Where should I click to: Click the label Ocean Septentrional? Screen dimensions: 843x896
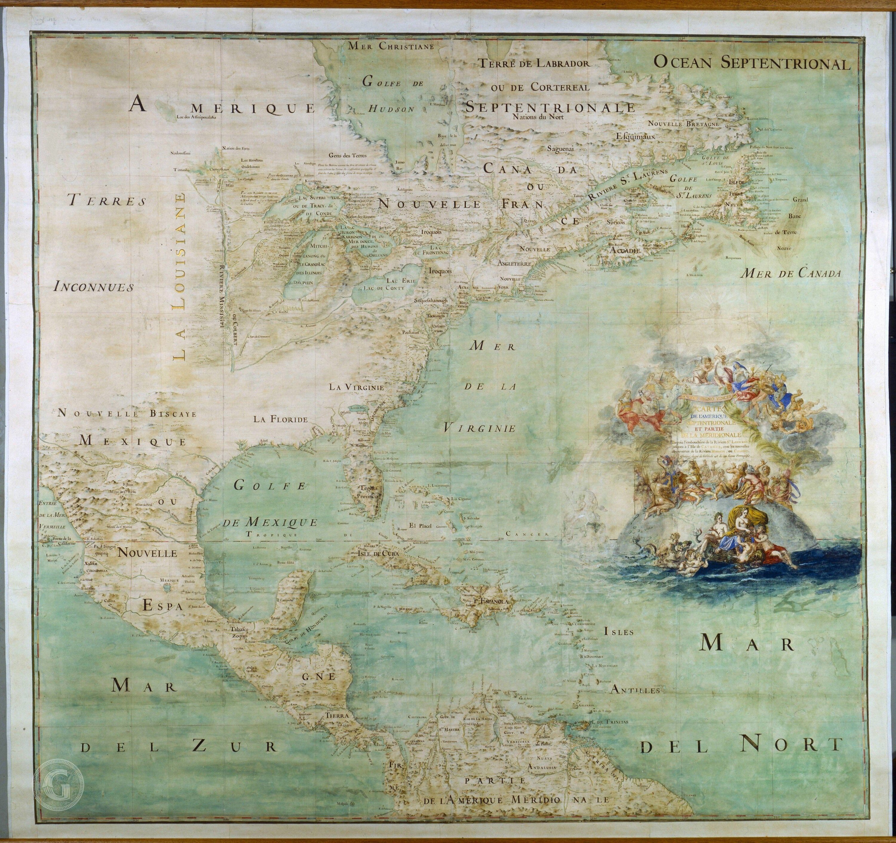tap(752, 63)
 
